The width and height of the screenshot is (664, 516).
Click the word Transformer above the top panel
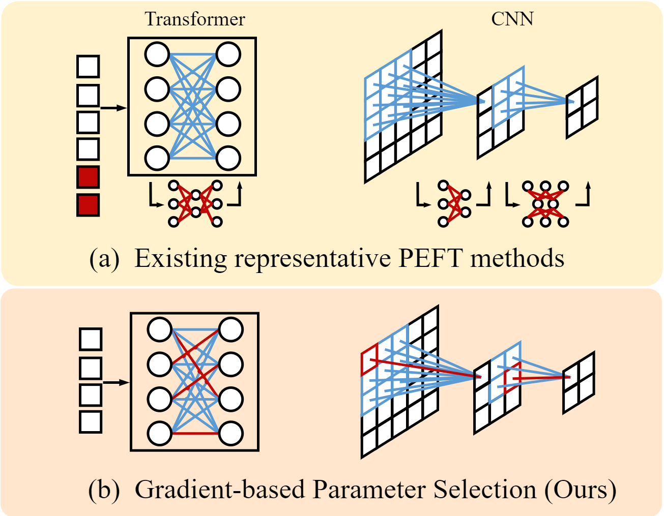[x=195, y=19]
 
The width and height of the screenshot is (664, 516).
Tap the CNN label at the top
[x=512, y=19]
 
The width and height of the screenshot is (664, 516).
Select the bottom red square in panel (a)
[x=88, y=205]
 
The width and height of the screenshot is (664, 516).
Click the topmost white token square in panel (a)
[x=88, y=66]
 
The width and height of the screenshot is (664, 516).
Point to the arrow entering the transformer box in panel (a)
[x=113, y=108]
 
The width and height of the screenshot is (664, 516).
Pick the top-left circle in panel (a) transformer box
[x=157, y=54]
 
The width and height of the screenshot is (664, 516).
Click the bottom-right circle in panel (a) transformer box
[x=228, y=158]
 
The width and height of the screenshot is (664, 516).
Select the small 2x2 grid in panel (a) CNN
[x=582, y=107]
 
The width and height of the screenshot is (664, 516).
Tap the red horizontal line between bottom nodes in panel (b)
[x=195, y=434]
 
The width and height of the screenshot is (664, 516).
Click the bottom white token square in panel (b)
[x=91, y=422]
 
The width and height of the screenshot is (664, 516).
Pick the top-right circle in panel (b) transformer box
[x=231, y=329]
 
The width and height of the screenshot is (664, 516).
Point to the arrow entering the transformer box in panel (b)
[x=116, y=382]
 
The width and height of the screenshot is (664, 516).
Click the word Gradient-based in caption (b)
[x=220, y=490]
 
